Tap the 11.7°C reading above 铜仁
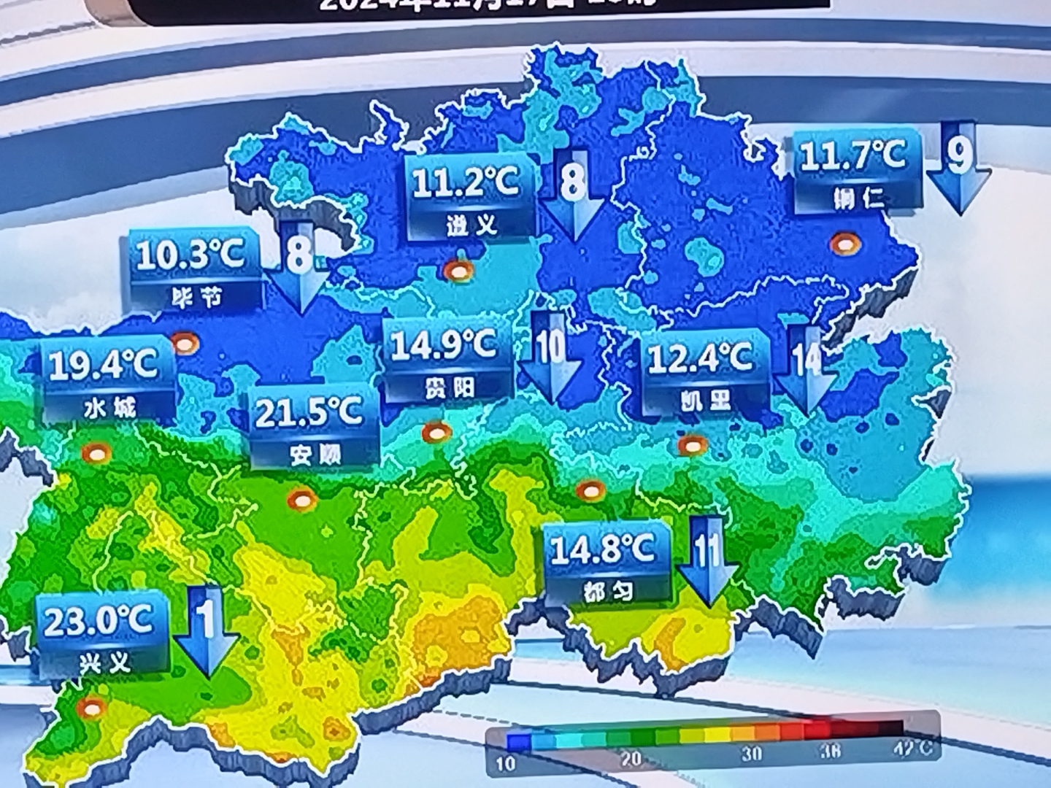852,155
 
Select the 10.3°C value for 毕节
190,255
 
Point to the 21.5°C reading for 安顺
309,413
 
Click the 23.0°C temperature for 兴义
99,622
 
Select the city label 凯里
705,400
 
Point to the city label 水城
109,407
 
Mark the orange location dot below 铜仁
845,244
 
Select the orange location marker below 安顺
301,500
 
